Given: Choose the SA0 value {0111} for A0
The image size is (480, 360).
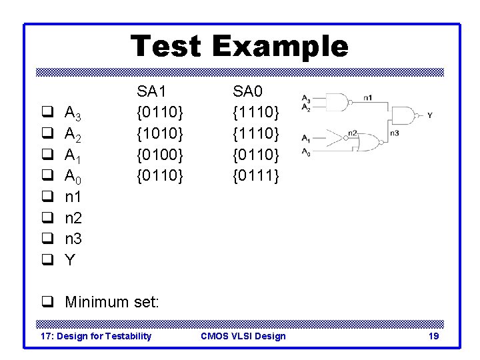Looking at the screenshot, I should click(256, 176).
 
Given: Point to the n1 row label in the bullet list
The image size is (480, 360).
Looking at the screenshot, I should click(73, 197).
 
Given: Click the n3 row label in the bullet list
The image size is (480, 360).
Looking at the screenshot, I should click(73, 239).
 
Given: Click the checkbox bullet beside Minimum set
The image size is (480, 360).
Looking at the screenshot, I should click(47, 302).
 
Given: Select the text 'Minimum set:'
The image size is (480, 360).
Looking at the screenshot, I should click(112, 302).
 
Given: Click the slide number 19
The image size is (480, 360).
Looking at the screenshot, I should click(433, 336).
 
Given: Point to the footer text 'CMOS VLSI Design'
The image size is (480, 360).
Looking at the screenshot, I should click(243, 336).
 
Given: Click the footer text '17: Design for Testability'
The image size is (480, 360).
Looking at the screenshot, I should click(96, 336).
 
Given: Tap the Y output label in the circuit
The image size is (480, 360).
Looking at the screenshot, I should click(429, 115).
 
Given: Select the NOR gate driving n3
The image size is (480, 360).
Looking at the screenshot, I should click(371, 141).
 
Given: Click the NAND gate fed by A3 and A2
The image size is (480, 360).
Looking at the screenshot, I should click(339, 103).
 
